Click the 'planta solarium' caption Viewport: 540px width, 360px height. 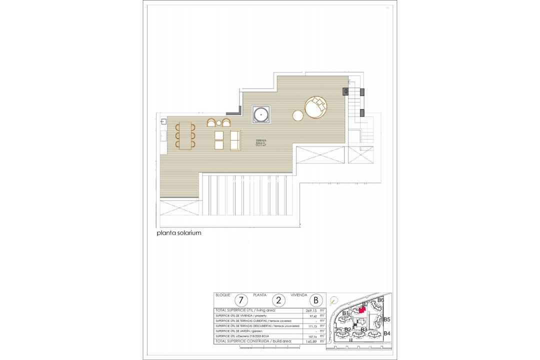coord(178,232)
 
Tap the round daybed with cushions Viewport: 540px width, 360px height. coord(316,108)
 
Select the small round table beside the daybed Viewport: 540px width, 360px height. coord(297,116)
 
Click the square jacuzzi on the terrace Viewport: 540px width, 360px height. coord(261,114)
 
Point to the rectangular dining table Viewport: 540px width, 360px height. coord(185,135)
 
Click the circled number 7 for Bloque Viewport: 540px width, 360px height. coord(241,300)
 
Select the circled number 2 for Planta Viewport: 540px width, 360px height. coord(278,300)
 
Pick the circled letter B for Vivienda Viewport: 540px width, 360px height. coord(315,300)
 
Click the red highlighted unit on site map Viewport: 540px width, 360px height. coord(362,310)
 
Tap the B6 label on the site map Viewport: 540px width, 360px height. coord(380,300)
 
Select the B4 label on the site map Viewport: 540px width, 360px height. coord(387,333)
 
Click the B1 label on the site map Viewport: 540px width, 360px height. coord(344,313)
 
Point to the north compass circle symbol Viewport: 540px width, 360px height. coord(333,300)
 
